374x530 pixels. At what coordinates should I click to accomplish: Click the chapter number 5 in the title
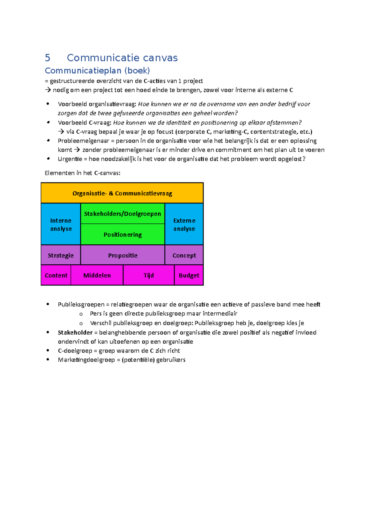point(47,58)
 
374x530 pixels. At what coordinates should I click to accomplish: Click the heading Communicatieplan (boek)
point(97,71)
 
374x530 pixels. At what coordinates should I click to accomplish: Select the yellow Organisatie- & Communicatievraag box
point(122,193)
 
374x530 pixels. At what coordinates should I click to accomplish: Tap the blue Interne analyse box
point(61,224)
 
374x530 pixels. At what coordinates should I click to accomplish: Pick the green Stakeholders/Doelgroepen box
point(122,214)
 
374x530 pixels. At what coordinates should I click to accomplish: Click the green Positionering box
point(122,234)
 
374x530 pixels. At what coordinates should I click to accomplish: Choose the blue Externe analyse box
point(184,224)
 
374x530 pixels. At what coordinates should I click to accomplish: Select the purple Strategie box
point(61,255)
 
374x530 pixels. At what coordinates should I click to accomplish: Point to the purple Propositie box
point(122,255)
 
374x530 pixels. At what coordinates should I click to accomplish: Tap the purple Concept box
point(184,255)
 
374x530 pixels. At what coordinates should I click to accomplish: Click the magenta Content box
point(56,275)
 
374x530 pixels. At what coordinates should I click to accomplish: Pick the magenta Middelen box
point(97,275)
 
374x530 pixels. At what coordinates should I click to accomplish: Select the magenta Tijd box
point(149,275)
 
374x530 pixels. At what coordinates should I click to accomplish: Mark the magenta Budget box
point(189,275)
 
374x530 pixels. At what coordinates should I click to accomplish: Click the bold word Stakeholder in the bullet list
point(75,332)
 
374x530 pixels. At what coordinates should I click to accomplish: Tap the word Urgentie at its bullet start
point(70,159)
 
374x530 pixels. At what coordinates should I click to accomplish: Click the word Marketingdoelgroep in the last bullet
point(86,360)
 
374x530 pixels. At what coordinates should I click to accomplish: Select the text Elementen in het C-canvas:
point(82,173)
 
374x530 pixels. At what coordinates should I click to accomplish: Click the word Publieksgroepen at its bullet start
point(81,304)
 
